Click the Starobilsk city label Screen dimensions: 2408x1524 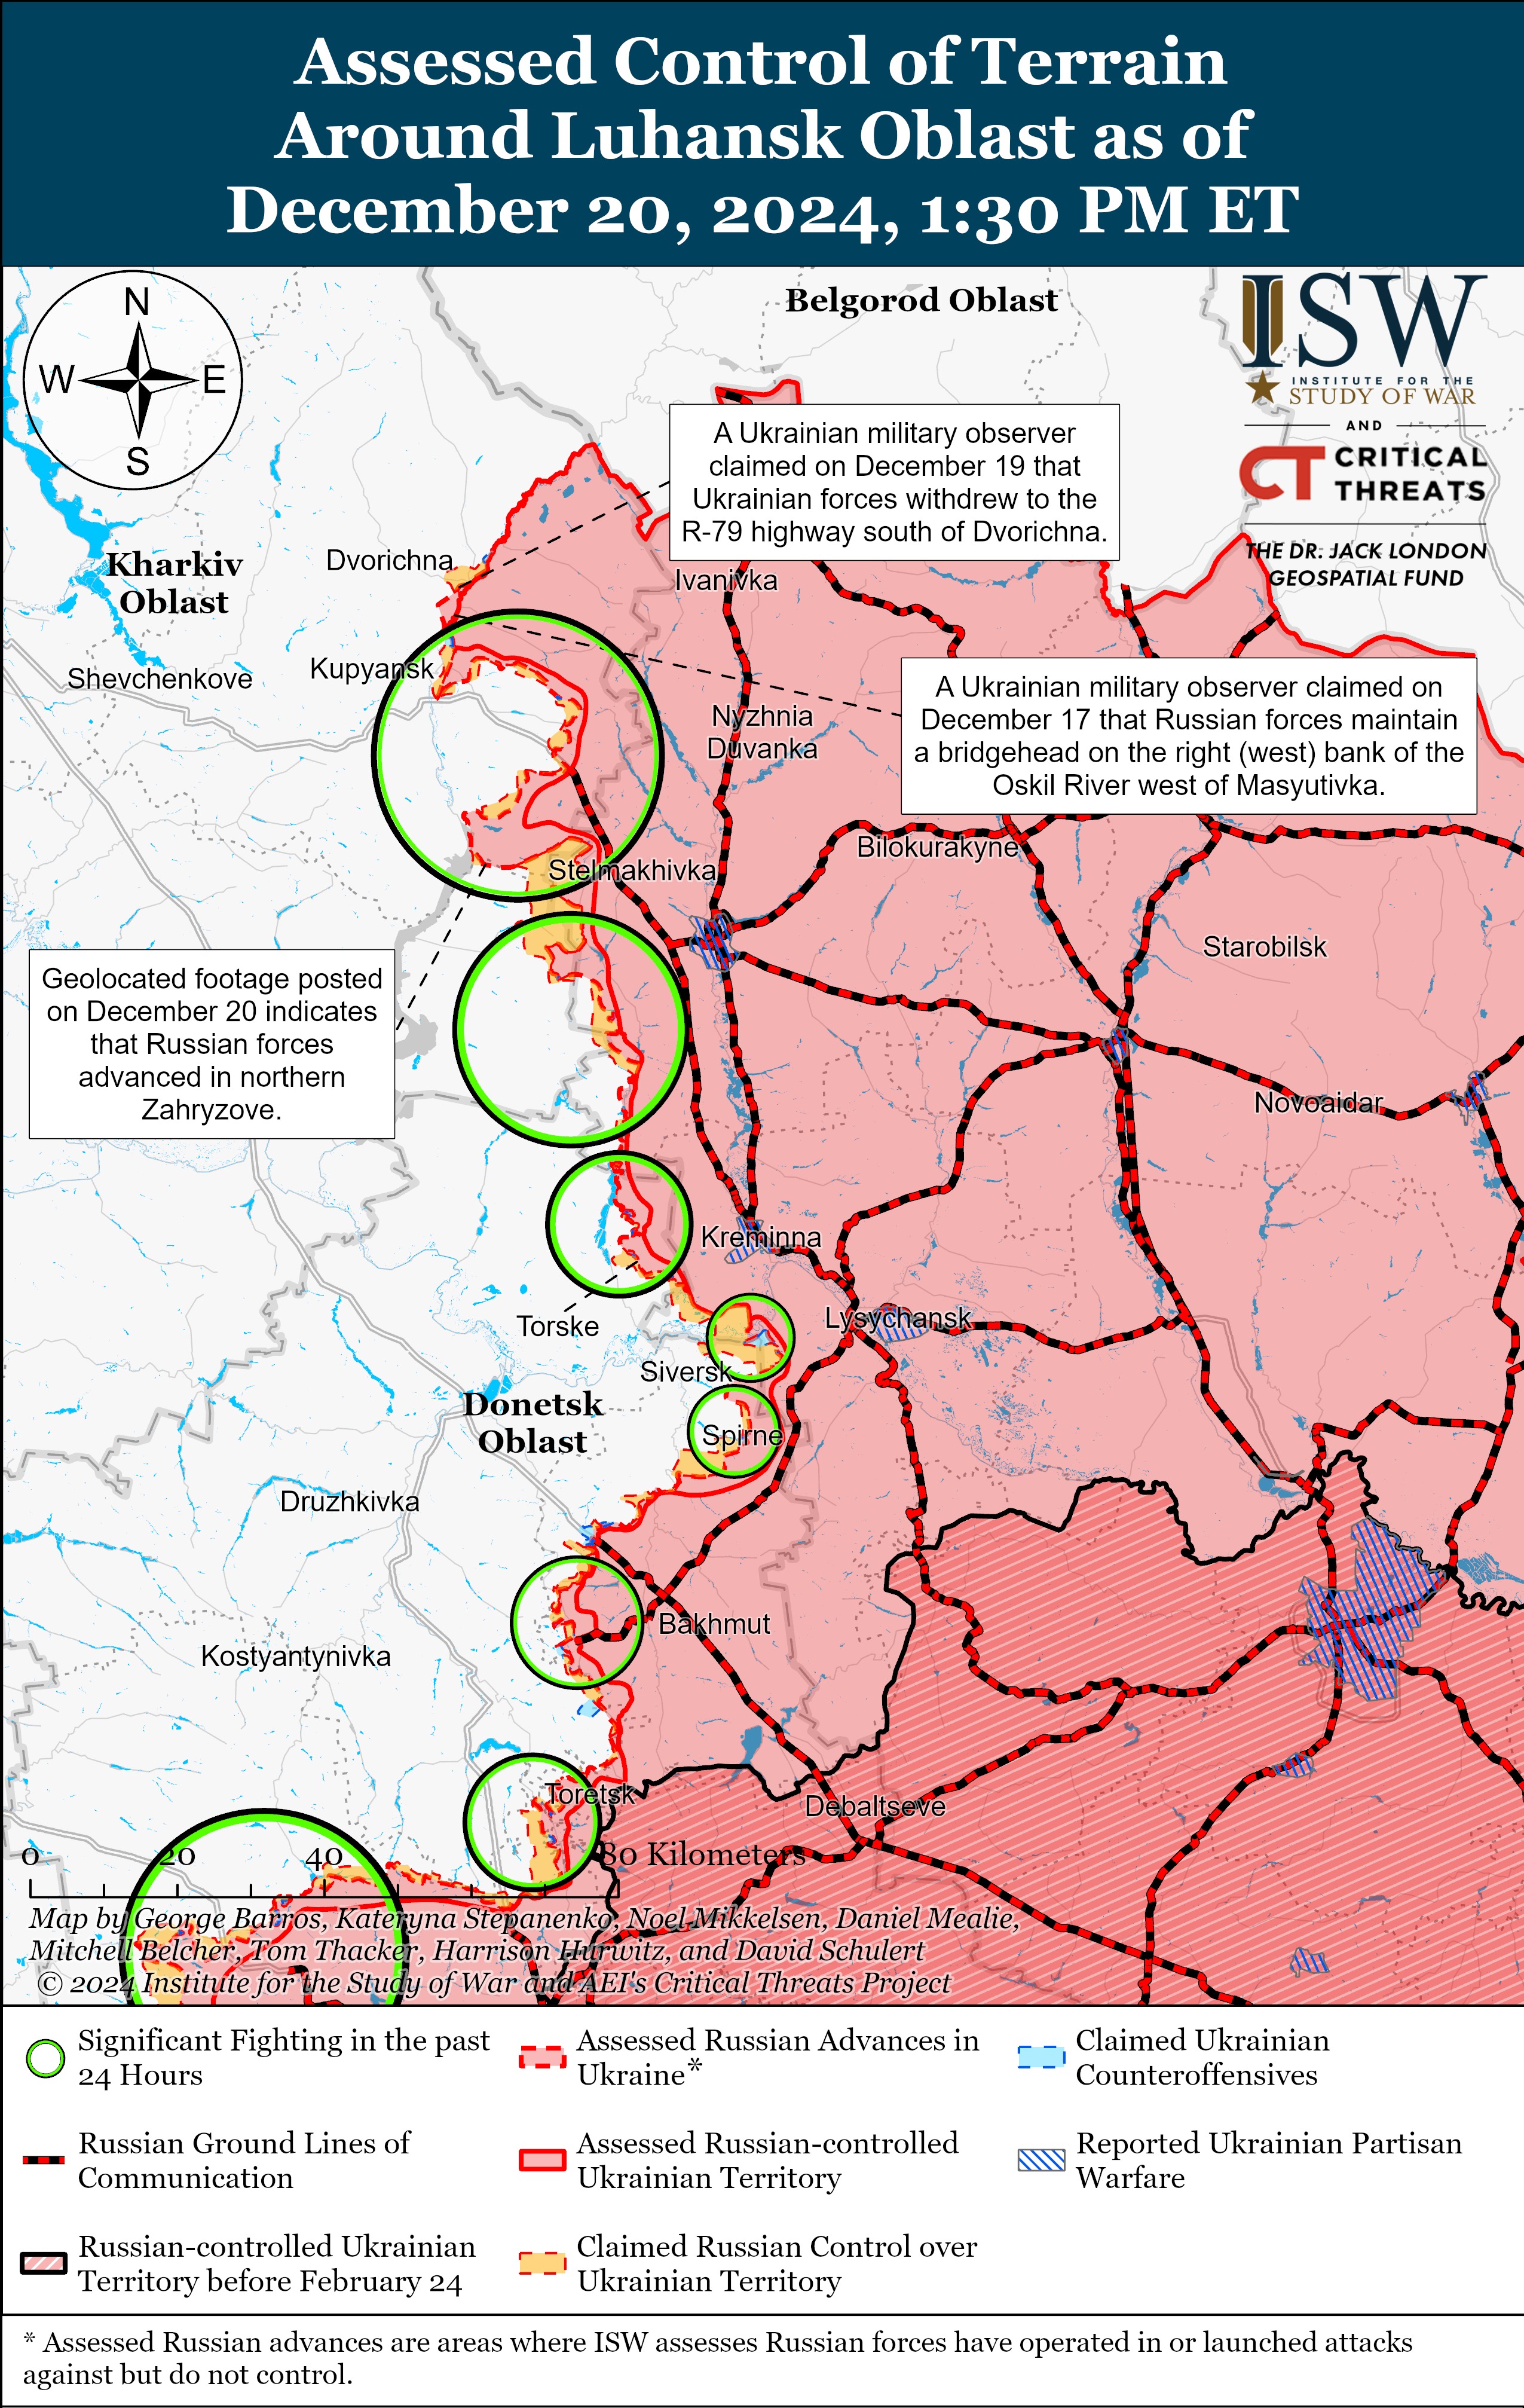tap(1264, 947)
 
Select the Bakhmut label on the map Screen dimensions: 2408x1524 tap(714, 1624)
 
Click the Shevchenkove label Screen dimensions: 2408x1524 tap(160, 679)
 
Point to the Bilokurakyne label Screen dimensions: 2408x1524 tap(937, 847)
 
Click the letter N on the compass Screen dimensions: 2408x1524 tap(137, 302)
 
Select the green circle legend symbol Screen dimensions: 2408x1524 tap(45, 2058)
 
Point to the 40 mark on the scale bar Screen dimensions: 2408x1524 tap(324, 1857)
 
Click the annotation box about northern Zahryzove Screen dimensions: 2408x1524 tap(212, 1044)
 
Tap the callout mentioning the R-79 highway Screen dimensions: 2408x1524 tap(894, 482)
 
